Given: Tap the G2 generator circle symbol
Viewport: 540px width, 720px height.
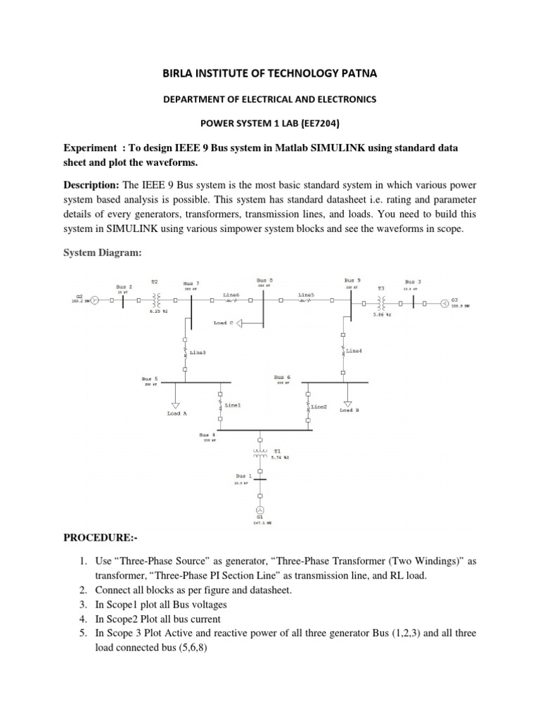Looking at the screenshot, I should coord(94,299).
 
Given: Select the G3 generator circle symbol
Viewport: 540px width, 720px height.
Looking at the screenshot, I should coord(444,304).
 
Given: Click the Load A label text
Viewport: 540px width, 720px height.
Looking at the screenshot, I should coord(176,413).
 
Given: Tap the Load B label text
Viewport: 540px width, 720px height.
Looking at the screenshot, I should coord(349,410).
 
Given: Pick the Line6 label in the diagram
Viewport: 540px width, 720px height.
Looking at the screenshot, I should coord(231,294).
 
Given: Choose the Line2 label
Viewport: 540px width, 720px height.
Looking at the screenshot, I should coord(319,406).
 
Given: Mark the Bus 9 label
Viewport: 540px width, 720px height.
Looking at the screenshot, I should coord(353,279).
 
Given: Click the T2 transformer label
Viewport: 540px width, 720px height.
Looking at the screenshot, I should coord(155,281).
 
